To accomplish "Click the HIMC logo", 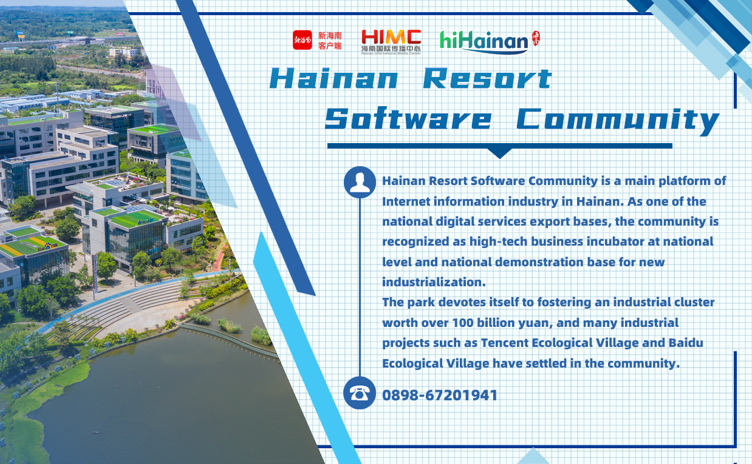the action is [x=391, y=42].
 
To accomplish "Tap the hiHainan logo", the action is [x=484, y=42].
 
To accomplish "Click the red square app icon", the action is [x=302, y=40].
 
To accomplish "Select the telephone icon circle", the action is [x=360, y=393].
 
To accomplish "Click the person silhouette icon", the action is [x=360, y=183].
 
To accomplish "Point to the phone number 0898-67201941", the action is [x=439, y=395].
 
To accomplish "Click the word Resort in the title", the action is [x=487, y=78].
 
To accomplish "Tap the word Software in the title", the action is [x=409, y=119].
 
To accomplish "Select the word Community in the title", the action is [x=618, y=121].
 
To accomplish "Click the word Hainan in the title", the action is [x=334, y=78].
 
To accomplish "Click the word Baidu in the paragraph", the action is [x=686, y=343].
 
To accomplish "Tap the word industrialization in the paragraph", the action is [x=434, y=282].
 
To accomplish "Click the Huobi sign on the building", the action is [x=146, y=221].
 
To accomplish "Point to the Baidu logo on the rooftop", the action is [x=47, y=247].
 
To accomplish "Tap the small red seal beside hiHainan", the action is [x=536, y=38].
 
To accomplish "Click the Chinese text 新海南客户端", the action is [x=330, y=41].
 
